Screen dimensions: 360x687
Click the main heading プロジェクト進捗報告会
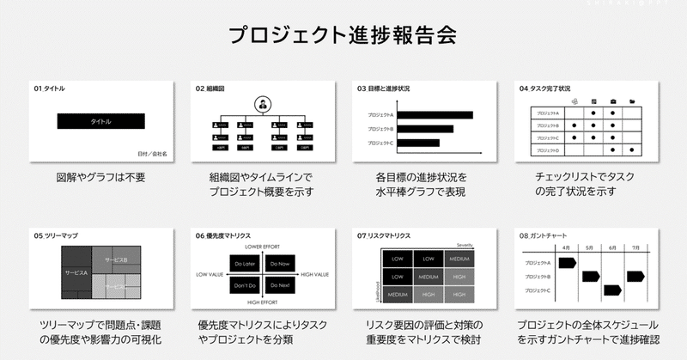tap(343, 36)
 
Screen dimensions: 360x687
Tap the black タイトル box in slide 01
tap(100, 121)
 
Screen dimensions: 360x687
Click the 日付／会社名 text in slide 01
tap(152, 154)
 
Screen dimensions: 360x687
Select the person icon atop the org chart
tap(261, 105)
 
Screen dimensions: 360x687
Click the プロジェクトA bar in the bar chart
tap(435, 115)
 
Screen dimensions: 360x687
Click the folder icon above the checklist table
tap(632, 101)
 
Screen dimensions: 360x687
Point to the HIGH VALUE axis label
tap(314, 274)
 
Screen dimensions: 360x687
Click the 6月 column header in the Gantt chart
tap(612, 247)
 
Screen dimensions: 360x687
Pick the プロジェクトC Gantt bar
tap(612, 290)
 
